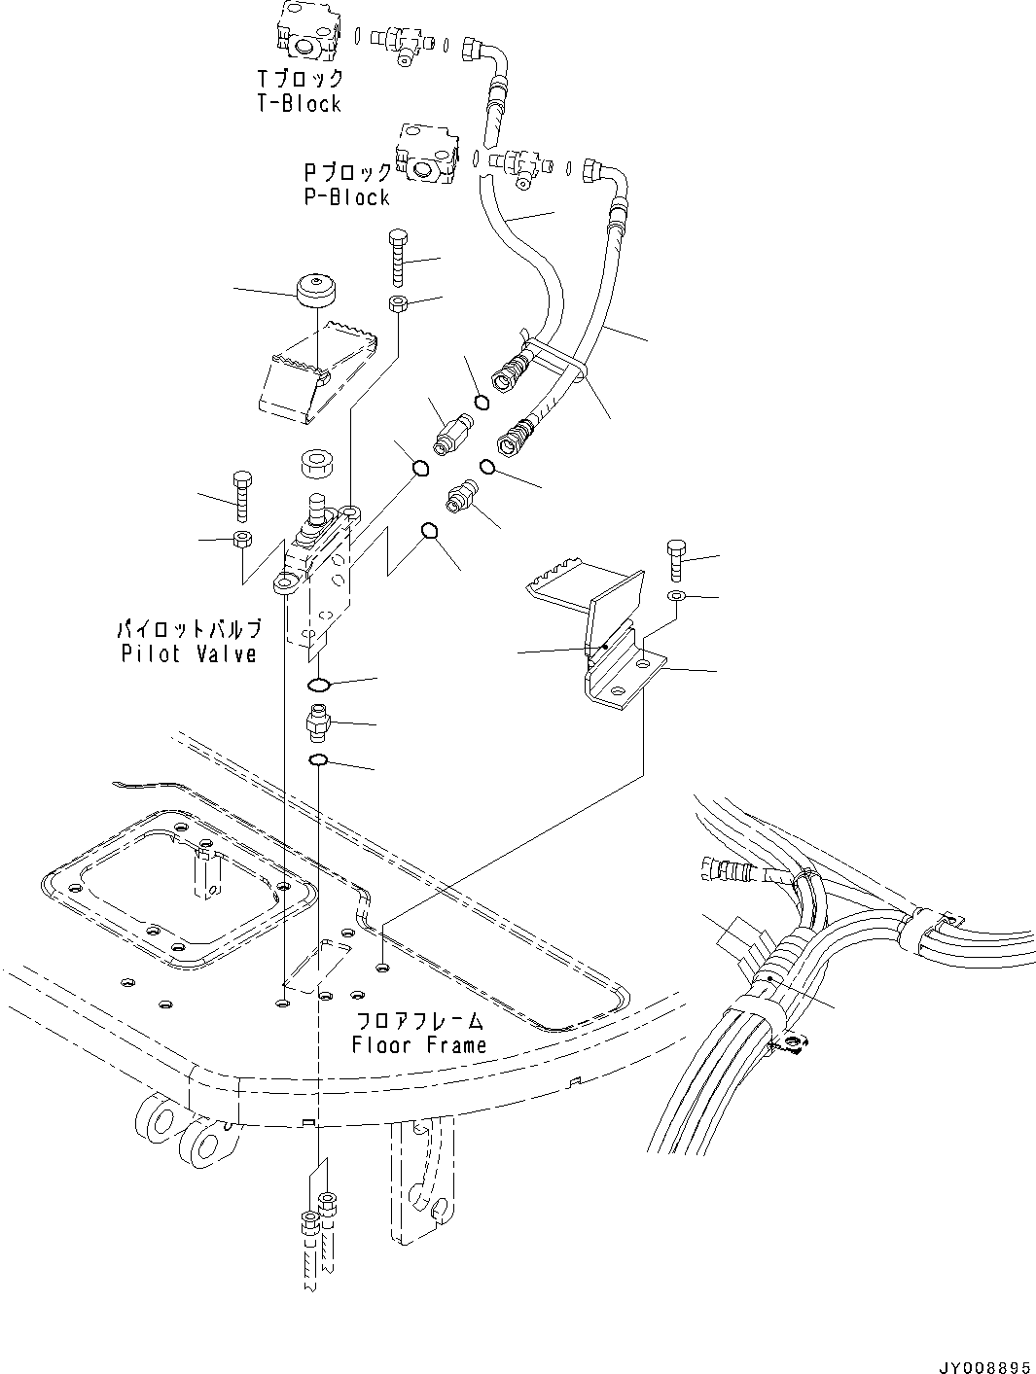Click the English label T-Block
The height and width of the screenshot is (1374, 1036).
299,104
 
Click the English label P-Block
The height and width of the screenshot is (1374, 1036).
346,197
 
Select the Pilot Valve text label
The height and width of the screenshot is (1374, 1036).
189,653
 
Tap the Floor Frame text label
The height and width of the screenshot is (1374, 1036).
419,1045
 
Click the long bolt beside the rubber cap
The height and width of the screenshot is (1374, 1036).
399,255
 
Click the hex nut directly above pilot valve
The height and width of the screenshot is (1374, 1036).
315,461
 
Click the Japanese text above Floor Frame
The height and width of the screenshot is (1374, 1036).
419,1021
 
